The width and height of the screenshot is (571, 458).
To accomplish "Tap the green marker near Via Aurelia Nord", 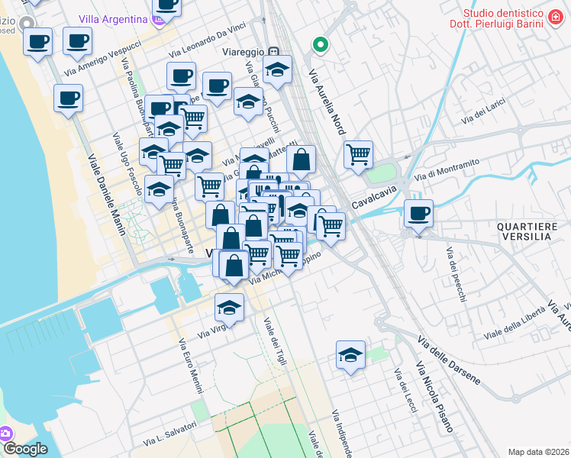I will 321,45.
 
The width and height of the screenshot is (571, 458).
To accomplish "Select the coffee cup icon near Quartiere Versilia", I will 418,213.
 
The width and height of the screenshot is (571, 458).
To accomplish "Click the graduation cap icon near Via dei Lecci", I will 350,355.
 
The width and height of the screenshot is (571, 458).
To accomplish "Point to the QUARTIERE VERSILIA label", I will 524,231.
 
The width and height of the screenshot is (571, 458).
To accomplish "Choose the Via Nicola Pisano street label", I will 435,398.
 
